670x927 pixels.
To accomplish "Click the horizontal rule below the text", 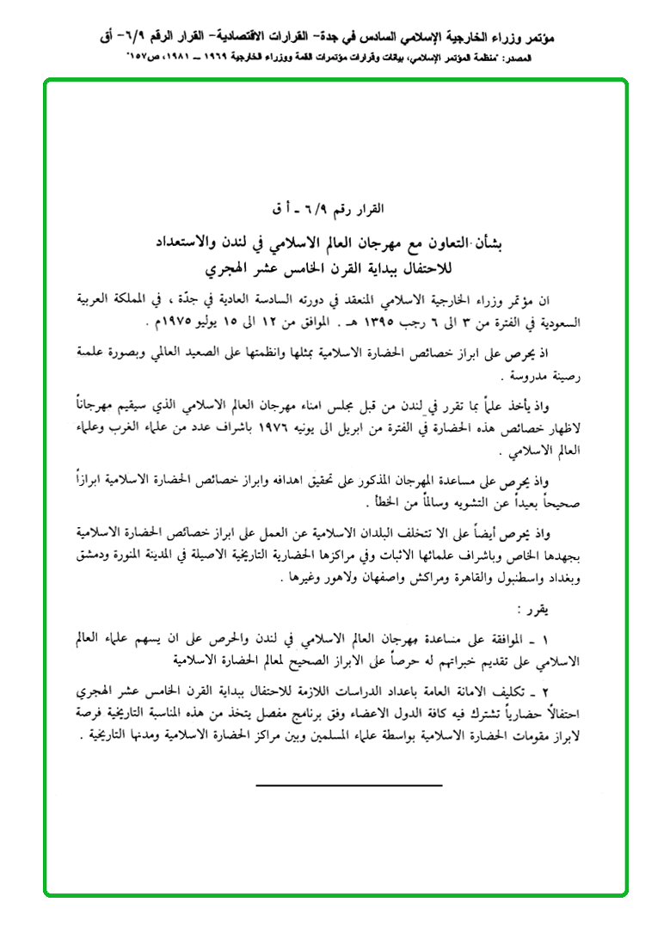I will coord(349,784).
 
